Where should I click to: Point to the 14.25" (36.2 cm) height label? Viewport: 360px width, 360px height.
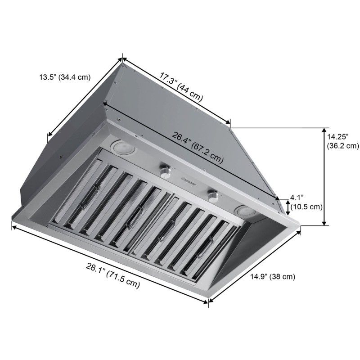click(342, 141)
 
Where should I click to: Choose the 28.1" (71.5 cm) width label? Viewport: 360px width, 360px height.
click(112, 275)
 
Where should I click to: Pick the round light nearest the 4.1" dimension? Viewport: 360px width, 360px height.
click(245, 211)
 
